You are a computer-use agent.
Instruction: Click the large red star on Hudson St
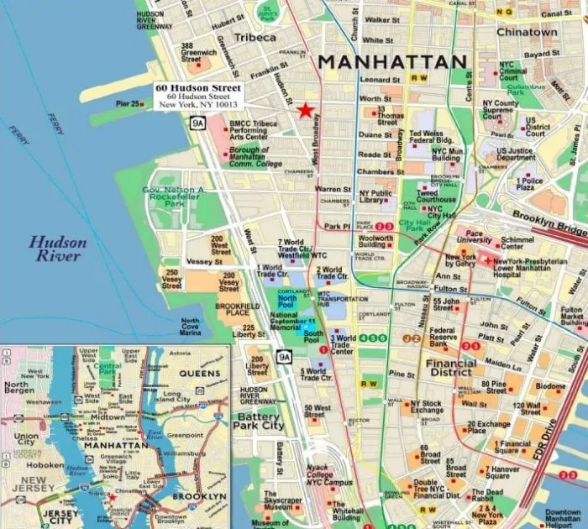(x=303, y=110)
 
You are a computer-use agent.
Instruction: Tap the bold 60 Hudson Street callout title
(x=198, y=87)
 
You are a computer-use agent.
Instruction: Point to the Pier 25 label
(x=127, y=104)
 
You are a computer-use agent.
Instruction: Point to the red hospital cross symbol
(x=487, y=261)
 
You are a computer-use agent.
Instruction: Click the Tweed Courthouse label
(x=437, y=195)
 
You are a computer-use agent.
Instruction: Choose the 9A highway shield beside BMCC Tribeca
(x=197, y=123)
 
